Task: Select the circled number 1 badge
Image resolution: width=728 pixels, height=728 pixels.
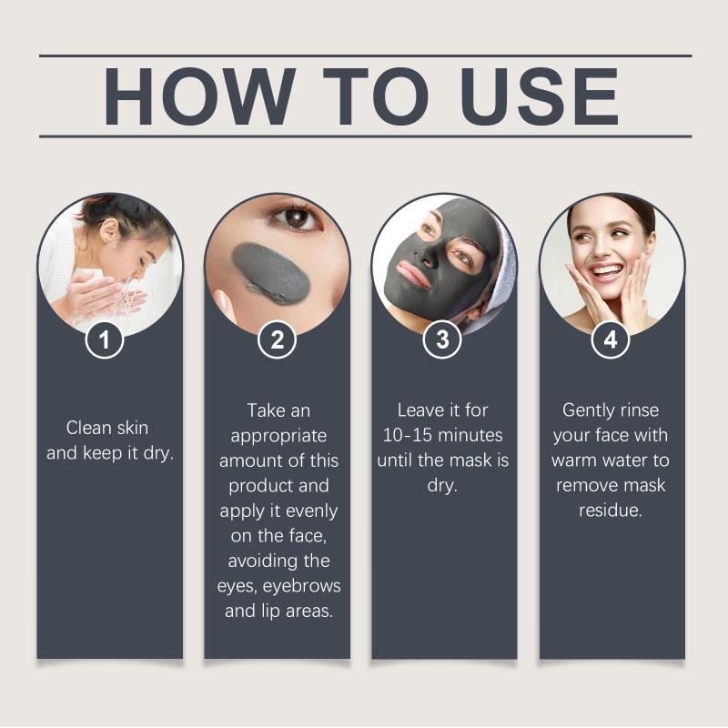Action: [x=105, y=339]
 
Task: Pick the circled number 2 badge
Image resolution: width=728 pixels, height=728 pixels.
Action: [x=278, y=339]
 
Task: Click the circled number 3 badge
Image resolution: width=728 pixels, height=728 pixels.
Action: [x=442, y=339]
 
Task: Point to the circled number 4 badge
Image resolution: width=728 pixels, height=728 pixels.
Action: [x=611, y=339]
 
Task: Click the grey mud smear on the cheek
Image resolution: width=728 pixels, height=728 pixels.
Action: [x=270, y=274]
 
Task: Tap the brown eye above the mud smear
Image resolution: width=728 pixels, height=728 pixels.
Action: [x=296, y=217]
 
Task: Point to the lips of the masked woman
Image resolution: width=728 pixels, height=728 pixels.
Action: [x=412, y=274]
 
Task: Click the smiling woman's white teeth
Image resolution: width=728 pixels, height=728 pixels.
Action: [x=606, y=270]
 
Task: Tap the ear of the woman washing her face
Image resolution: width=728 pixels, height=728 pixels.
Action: [x=109, y=230]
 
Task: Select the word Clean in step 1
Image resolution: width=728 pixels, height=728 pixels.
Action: [x=87, y=428]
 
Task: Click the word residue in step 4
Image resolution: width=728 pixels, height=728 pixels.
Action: [x=611, y=511]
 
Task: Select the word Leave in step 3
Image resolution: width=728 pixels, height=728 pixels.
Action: [x=418, y=410]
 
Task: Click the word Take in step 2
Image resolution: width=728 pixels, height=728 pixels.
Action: [x=264, y=410]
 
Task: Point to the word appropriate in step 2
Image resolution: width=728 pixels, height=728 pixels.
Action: [x=278, y=437]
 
